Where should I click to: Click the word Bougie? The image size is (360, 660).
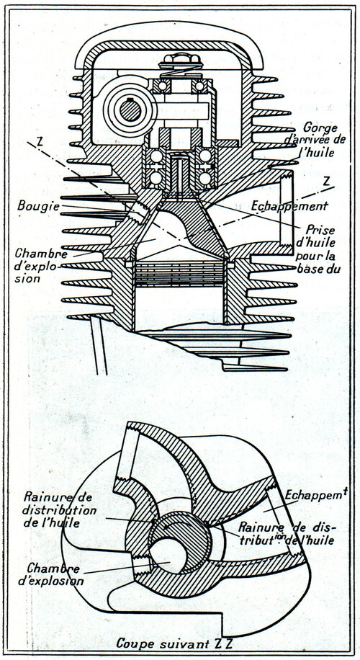(x=39, y=205)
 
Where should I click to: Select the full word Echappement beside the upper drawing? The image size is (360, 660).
(x=289, y=206)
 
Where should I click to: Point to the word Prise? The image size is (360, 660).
(x=314, y=231)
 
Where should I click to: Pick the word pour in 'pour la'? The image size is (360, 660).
(x=307, y=256)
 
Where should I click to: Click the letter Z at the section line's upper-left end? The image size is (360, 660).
(x=40, y=141)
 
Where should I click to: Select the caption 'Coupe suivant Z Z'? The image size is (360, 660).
(x=175, y=643)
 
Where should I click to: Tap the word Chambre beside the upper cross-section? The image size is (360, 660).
(x=41, y=254)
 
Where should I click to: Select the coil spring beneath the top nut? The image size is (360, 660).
(x=181, y=72)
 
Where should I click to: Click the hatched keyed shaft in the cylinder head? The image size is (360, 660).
(x=130, y=111)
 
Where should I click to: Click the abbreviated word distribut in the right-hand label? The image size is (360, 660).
(x=258, y=540)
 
